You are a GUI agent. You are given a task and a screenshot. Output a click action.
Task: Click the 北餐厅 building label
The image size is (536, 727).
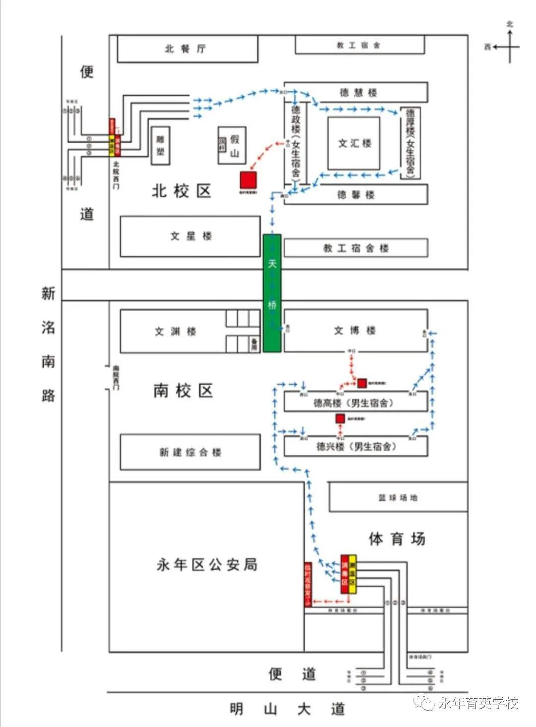(186, 49)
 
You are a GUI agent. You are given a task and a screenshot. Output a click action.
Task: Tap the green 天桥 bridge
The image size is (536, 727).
(272, 293)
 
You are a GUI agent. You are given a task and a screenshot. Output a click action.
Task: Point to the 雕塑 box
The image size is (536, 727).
(160, 146)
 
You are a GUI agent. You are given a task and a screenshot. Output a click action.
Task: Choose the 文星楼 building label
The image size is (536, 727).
(191, 236)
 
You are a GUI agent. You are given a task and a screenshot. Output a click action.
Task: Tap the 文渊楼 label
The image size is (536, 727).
(175, 331)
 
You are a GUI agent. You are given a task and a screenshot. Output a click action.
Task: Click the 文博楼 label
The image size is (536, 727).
(354, 330)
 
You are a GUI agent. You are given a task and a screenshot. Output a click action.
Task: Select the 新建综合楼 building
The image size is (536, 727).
(190, 452)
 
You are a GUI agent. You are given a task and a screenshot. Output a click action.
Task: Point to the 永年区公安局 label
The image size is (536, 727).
(207, 565)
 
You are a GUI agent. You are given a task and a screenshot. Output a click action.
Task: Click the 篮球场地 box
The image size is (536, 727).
(398, 497)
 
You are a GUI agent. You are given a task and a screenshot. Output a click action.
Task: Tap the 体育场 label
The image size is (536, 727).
(397, 539)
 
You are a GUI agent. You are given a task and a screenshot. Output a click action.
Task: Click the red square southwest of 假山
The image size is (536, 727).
(248, 180)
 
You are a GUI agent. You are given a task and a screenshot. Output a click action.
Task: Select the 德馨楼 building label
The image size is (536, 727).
(355, 195)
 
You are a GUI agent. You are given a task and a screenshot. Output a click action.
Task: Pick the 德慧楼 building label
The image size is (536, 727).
(358, 92)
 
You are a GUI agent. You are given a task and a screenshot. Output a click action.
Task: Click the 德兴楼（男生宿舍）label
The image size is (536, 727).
(356, 446)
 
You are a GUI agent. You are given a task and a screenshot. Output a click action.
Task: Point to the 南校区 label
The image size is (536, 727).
(183, 391)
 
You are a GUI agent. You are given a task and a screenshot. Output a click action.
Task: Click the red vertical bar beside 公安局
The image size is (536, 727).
(308, 584)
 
